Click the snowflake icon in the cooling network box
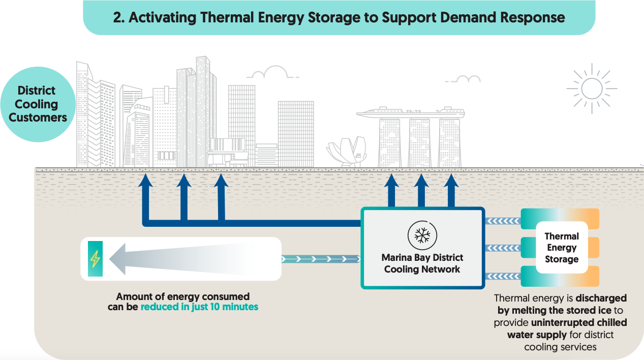[x=422, y=235]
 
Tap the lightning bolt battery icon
[x=95, y=258]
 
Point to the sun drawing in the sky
[x=591, y=88]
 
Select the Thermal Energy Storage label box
[x=562, y=248]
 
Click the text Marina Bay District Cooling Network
[x=422, y=263]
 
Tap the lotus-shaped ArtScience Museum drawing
[x=347, y=151]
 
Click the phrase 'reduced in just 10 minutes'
[x=199, y=307]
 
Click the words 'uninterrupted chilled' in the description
[x=579, y=322]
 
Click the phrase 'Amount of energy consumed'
[x=183, y=296]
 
